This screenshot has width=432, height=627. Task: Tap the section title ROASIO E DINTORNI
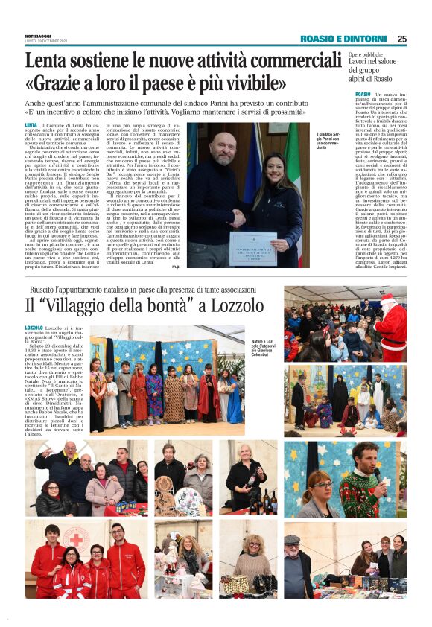pos(344,39)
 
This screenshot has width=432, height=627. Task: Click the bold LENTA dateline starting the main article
pos(31,125)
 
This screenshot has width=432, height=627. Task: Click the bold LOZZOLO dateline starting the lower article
pos(34,328)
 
